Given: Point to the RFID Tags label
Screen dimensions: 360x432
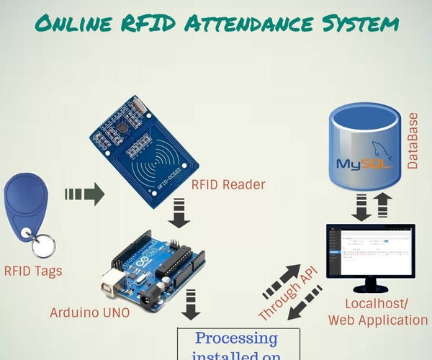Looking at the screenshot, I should tap(33, 271).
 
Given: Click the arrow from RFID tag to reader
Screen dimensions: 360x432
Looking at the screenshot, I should tap(84, 194).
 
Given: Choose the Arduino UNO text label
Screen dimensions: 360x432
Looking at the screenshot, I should tap(91, 313).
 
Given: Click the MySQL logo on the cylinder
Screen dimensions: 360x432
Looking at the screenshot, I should tap(365, 160).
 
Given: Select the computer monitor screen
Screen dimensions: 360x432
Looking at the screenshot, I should tap(370, 252).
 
